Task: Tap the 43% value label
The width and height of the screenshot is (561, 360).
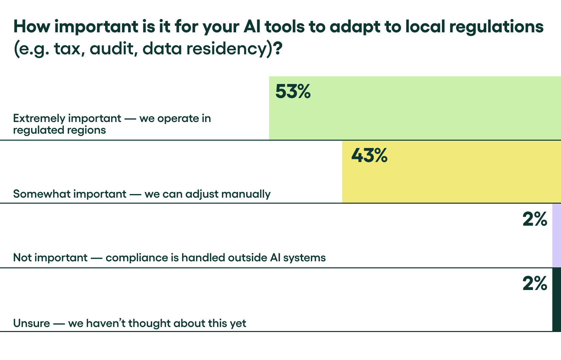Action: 369,155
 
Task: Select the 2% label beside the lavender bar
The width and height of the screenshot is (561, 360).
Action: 535,219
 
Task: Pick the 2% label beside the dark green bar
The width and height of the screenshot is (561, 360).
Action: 535,284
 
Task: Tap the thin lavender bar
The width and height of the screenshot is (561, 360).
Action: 556,235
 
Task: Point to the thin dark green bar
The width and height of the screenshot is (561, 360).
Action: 556,299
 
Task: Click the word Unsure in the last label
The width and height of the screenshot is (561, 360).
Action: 31,323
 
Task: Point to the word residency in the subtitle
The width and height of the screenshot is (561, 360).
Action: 227,49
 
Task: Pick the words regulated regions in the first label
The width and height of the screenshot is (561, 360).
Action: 59,130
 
